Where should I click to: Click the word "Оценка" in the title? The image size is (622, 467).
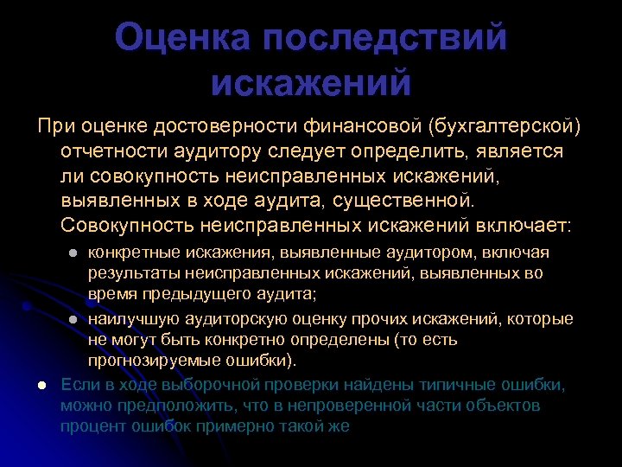[x=182, y=39]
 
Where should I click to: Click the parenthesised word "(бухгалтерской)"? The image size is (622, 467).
[x=504, y=126]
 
